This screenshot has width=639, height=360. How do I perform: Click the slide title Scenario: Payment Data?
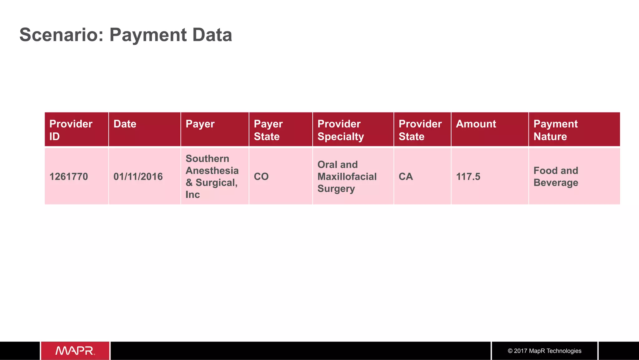click(125, 35)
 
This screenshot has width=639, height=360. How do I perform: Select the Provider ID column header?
click(71, 130)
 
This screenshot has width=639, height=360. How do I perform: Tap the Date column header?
click(125, 124)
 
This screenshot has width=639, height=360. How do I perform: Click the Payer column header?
click(200, 124)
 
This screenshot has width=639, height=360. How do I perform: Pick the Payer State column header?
click(268, 130)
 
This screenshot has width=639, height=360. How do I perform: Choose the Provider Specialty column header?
click(340, 130)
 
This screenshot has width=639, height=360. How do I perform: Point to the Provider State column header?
click(420, 130)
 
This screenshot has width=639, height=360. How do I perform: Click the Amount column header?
click(476, 124)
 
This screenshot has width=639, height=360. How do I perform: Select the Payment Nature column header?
click(555, 130)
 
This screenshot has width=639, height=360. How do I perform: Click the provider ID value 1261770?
click(69, 177)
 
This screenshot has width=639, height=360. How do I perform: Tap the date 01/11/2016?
click(138, 177)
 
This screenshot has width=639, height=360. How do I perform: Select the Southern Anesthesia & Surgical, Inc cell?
click(212, 176)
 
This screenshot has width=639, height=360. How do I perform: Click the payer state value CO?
click(261, 177)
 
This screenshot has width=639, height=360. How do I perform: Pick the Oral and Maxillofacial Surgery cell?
click(347, 177)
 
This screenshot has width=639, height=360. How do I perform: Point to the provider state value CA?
click(406, 177)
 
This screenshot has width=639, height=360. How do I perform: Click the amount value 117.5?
click(468, 177)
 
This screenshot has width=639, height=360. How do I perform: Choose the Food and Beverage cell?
click(556, 177)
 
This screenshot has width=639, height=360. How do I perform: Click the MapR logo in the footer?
click(75, 351)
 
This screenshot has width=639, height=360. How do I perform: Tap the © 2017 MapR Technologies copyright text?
click(544, 351)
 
